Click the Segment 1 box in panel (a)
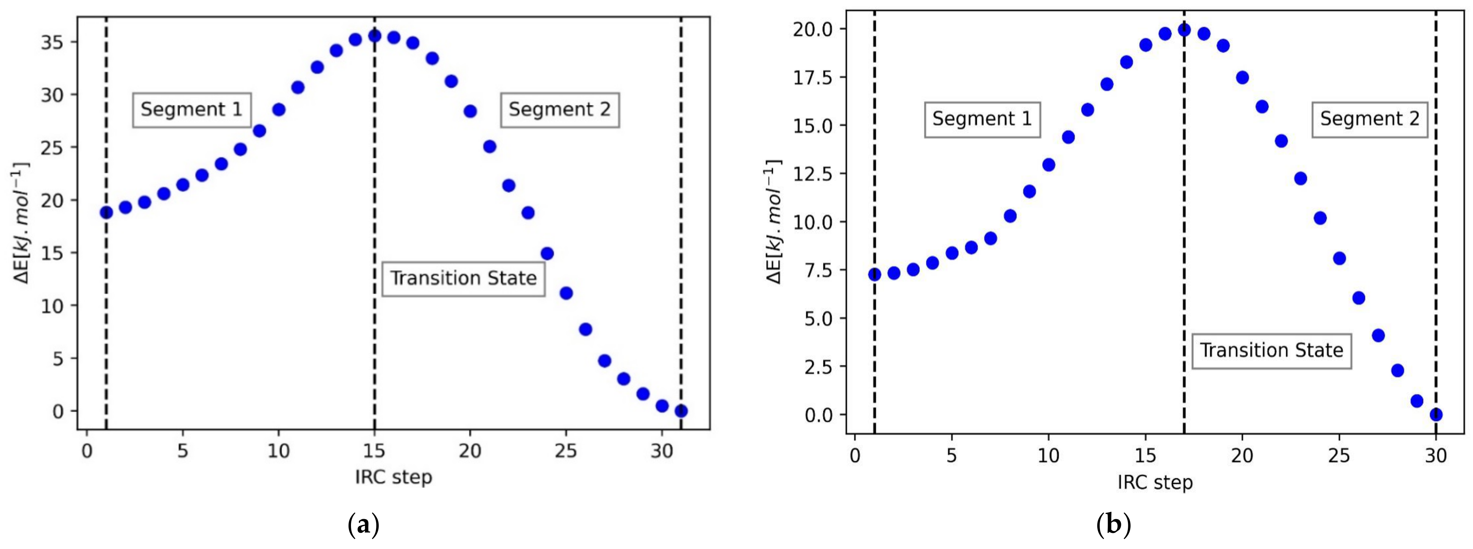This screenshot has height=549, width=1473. (192, 109)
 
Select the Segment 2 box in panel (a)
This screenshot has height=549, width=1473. (560, 109)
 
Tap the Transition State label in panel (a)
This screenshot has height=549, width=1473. (463, 279)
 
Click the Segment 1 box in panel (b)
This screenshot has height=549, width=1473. (982, 119)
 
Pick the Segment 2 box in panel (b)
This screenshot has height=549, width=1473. (1369, 119)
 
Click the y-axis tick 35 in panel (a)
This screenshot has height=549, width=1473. (52, 43)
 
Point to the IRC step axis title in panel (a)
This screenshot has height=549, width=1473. (393, 477)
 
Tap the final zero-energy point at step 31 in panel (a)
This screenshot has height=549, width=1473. (681, 411)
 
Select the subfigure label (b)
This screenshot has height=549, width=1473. (1113, 525)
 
